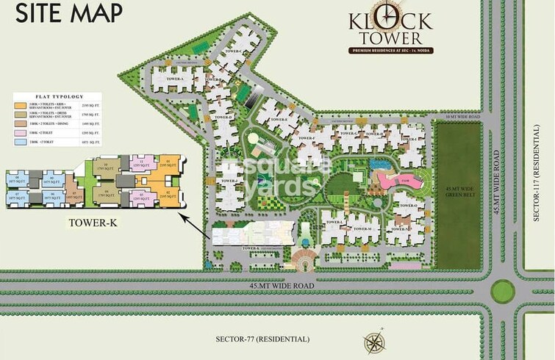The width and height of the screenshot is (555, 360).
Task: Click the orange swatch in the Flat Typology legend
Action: pos(19,107)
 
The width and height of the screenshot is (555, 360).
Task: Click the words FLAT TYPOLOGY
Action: pos(59,96)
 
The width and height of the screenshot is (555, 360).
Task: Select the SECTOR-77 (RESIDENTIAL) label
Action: pos(262,339)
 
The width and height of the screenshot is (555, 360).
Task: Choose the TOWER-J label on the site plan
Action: pos(229,181)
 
